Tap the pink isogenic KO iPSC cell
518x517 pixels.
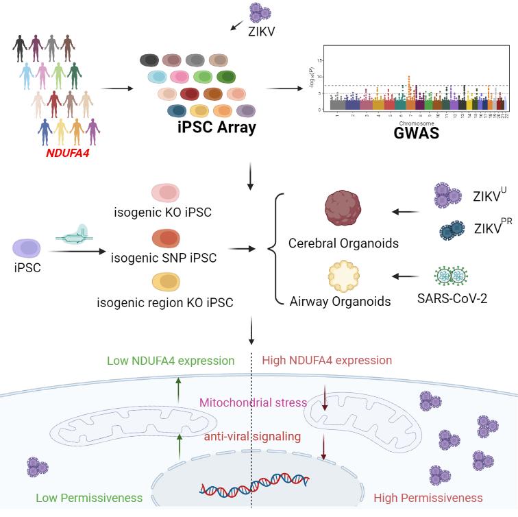[x=165, y=193]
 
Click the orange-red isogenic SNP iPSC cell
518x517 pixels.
[x=165, y=239]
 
